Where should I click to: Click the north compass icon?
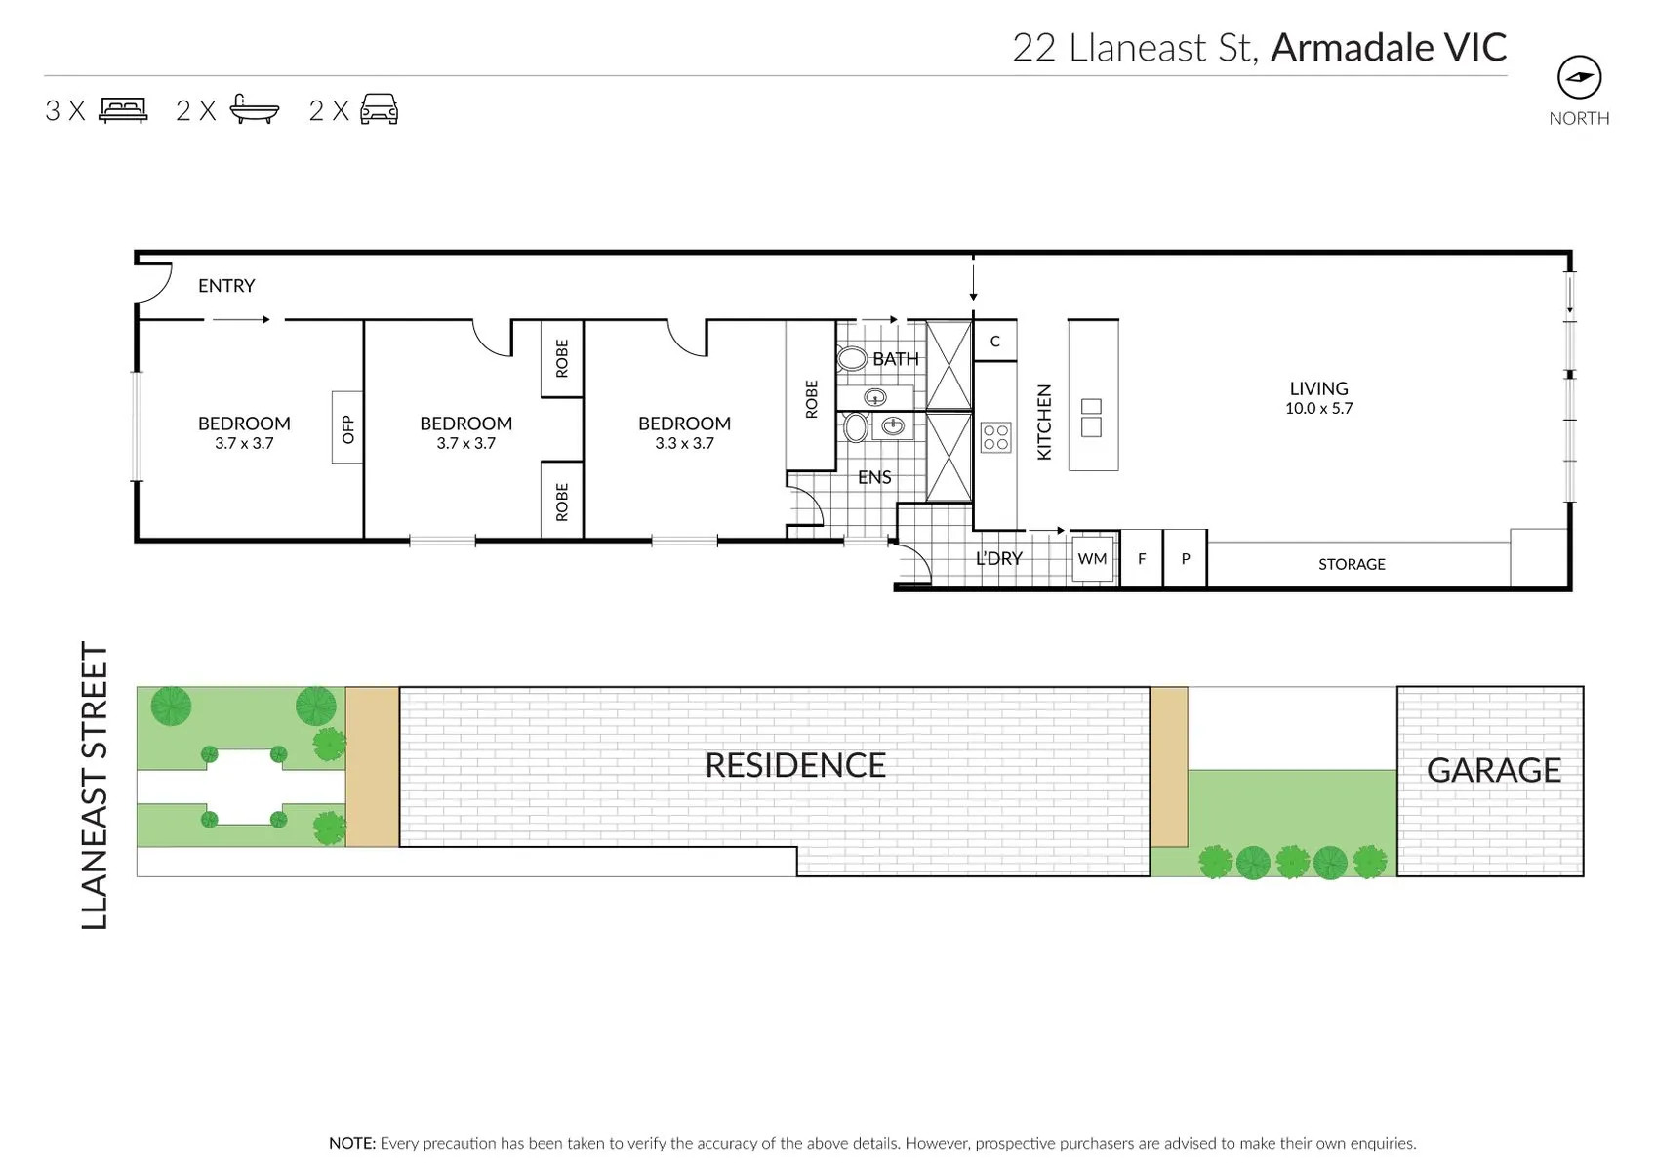click(x=1579, y=77)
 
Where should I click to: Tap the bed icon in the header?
click(x=124, y=110)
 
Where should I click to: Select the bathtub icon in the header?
click(x=255, y=108)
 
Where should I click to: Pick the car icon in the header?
click(x=380, y=109)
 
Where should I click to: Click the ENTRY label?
click(x=226, y=285)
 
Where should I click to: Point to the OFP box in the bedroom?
click(x=347, y=428)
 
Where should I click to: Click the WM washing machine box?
click(x=1093, y=559)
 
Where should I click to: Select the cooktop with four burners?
click(x=995, y=437)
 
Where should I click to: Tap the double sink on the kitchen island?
click(x=1091, y=418)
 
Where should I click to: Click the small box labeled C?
click(x=995, y=342)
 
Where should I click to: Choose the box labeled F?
click(x=1142, y=559)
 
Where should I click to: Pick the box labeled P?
click(x=1186, y=559)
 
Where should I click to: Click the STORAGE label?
click(x=1352, y=564)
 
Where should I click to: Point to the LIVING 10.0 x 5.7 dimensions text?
click(x=1319, y=408)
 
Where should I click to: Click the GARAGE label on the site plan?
click(x=1493, y=770)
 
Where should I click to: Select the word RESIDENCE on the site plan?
click(x=795, y=765)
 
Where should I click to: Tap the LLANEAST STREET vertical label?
click(x=95, y=786)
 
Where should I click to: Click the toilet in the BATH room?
click(x=852, y=359)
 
